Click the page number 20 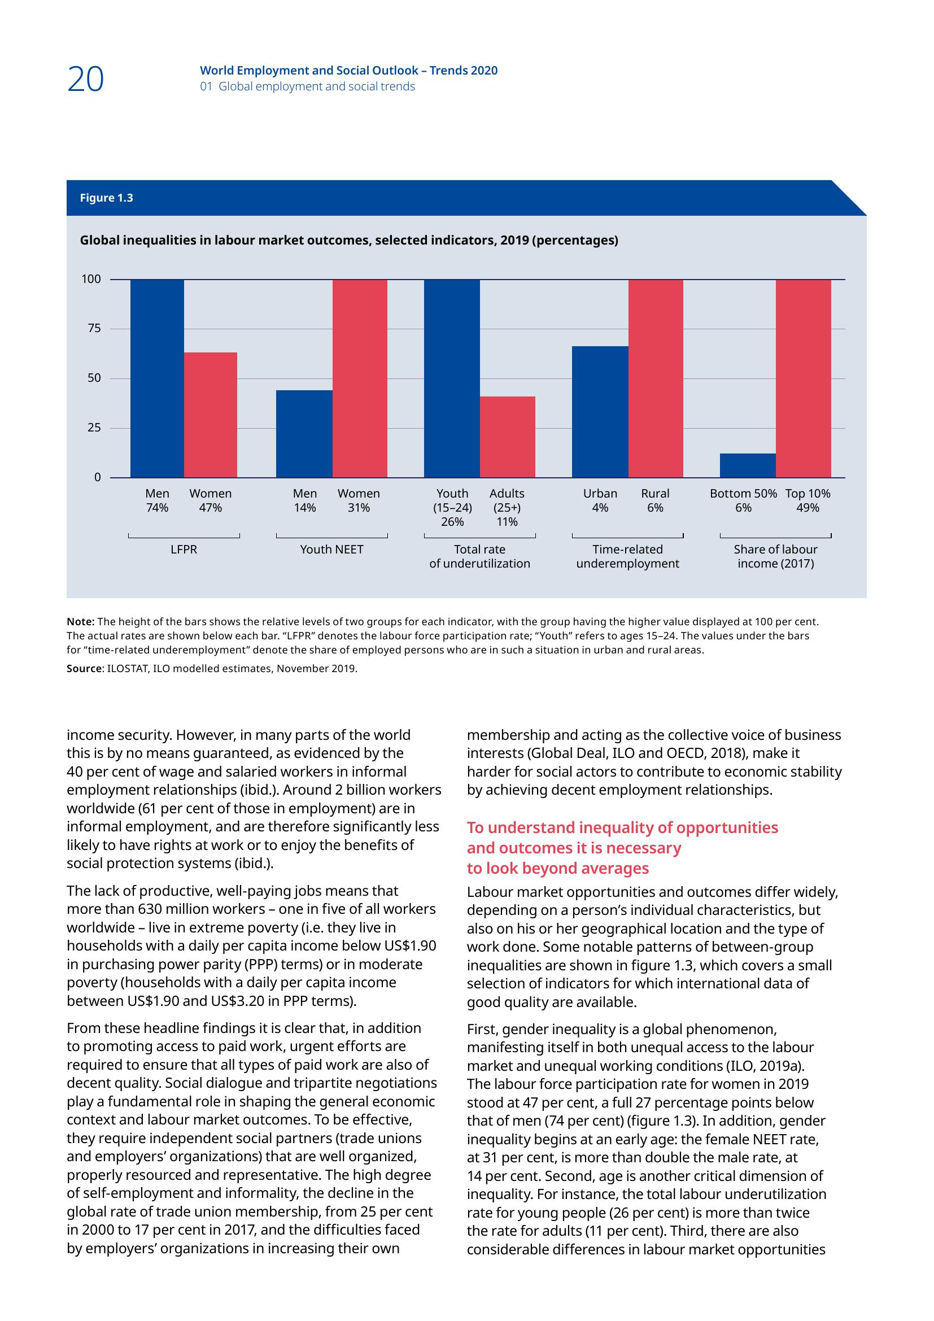click(x=86, y=80)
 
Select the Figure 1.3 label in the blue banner click(x=106, y=198)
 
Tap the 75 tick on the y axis click(x=94, y=329)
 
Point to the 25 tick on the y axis click(x=94, y=428)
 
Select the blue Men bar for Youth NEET click(x=304, y=433)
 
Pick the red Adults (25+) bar click(x=507, y=436)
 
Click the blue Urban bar click(x=600, y=411)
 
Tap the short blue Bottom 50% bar click(x=748, y=465)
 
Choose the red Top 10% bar click(x=803, y=378)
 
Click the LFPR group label click(x=184, y=550)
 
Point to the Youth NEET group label click(x=332, y=550)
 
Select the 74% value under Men click(x=157, y=508)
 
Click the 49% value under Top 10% click(x=808, y=508)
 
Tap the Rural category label click(x=655, y=494)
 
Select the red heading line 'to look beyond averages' click(x=558, y=868)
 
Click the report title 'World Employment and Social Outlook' click(x=310, y=71)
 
